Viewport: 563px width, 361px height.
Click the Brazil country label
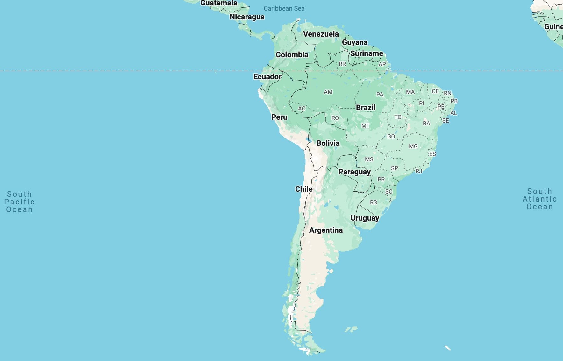tap(366, 108)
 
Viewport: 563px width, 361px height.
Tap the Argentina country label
tap(326, 230)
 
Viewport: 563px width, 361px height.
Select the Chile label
tap(303, 189)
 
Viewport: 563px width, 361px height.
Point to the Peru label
tap(279, 117)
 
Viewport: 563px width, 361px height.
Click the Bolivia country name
tap(328, 143)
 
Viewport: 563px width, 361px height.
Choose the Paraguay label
tap(354, 172)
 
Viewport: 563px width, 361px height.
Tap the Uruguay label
tap(365, 218)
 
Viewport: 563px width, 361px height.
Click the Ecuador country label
tap(267, 77)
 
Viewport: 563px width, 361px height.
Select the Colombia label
tap(292, 55)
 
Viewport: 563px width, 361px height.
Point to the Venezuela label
tap(321, 34)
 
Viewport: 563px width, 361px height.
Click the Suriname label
tap(367, 53)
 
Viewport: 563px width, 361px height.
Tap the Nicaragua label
tap(247, 17)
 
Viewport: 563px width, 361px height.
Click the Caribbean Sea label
tap(284, 9)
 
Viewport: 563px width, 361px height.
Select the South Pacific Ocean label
tap(19, 202)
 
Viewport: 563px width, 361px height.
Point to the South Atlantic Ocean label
tap(539, 199)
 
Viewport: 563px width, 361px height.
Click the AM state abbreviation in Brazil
tap(328, 92)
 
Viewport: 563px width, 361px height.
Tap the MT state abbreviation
tap(365, 126)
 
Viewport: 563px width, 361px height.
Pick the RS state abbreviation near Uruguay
tap(373, 202)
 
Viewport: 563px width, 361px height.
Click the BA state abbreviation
tap(426, 124)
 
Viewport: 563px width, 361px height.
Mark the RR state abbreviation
tap(342, 64)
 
